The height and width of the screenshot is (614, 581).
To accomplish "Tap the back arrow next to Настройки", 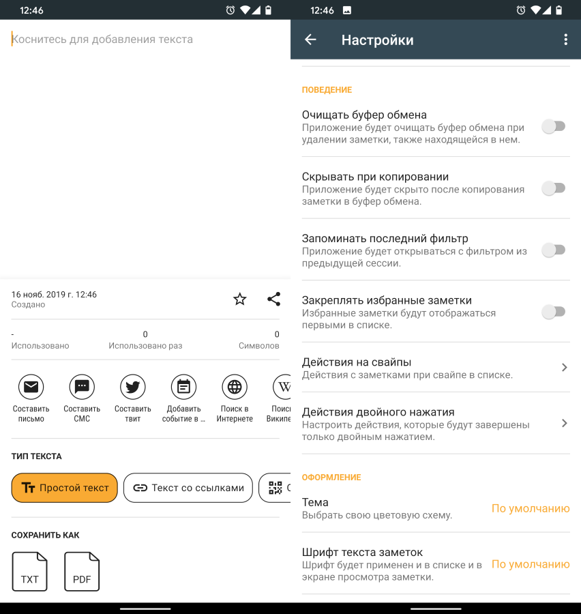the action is coord(310,40).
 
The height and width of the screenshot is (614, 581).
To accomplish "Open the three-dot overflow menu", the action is coord(566,40).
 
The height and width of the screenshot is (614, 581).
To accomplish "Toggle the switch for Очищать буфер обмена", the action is coord(554,126).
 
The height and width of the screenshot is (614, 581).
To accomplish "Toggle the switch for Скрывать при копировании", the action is coord(554,188).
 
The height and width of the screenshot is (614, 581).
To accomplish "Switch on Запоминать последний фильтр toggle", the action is coord(554,250).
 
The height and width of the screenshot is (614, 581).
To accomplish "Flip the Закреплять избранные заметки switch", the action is coord(554,312).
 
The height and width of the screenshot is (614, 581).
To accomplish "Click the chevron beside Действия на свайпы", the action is coord(564,367).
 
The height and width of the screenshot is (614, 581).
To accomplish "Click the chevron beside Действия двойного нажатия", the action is coord(564,423).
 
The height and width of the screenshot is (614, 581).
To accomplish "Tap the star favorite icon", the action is coord(240,299).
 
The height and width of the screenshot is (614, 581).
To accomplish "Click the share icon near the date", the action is coord(273,299).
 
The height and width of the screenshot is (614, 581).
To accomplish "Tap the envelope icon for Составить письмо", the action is coord(31,387).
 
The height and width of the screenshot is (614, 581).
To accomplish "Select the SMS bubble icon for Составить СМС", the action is coord(82,387).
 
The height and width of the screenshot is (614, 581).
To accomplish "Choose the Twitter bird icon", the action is coord(133,387).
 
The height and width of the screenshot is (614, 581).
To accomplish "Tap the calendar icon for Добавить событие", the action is coord(183,387).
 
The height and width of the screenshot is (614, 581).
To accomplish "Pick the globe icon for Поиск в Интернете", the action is coord(235,387).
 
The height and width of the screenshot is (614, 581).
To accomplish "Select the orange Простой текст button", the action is coord(65,488).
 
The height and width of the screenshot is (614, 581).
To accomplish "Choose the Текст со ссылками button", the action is coord(188,488).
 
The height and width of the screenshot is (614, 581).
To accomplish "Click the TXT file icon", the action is coord(30,571).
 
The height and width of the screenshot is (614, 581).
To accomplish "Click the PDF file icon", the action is coord(82,571).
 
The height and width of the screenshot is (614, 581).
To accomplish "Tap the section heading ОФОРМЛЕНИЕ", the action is coord(331,478).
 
